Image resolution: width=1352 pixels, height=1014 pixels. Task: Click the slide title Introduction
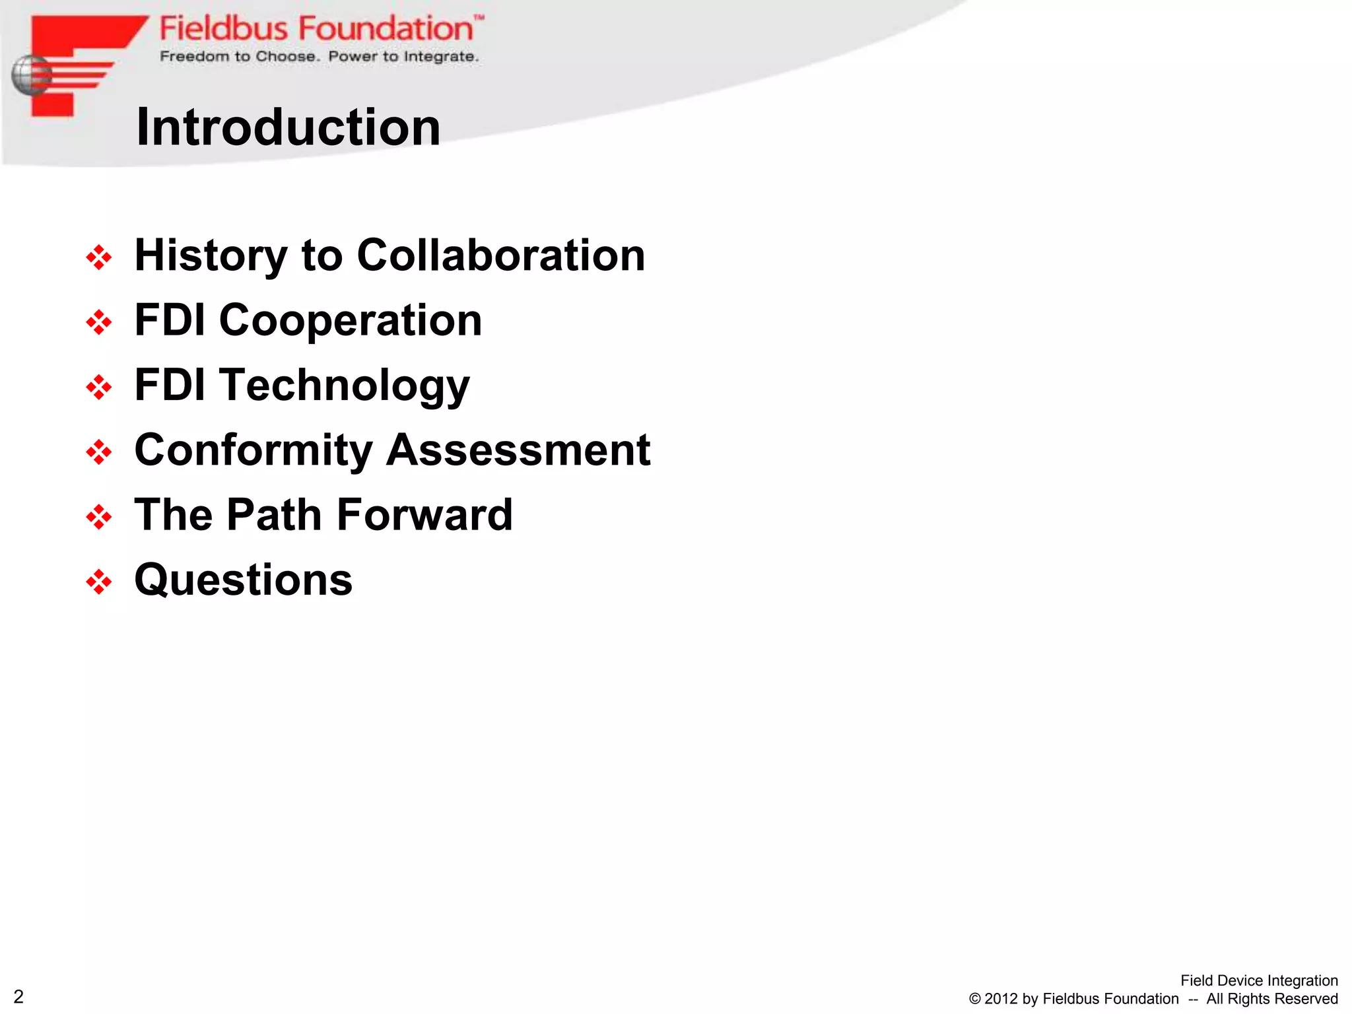coord(288,127)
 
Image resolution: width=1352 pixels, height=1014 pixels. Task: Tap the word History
coord(211,255)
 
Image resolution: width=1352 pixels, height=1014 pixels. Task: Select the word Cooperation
coord(350,320)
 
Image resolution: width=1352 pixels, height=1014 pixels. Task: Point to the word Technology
coord(345,385)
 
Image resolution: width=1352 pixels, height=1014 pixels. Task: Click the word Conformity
coord(253,450)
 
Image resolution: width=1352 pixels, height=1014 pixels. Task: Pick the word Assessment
coord(518,450)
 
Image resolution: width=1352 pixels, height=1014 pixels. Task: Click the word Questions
coord(244,580)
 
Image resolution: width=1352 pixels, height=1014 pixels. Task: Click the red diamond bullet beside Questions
coord(99,582)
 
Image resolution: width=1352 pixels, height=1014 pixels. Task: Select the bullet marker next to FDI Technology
coord(99,387)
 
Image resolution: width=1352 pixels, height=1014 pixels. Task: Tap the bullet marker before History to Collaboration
coord(99,257)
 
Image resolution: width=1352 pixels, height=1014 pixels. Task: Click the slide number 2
coord(18,996)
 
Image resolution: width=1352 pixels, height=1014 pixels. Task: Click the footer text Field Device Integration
coord(1258,980)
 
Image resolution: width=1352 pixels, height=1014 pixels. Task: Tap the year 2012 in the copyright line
coord(1001,999)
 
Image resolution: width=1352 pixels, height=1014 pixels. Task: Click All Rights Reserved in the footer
coord(1271,999)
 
